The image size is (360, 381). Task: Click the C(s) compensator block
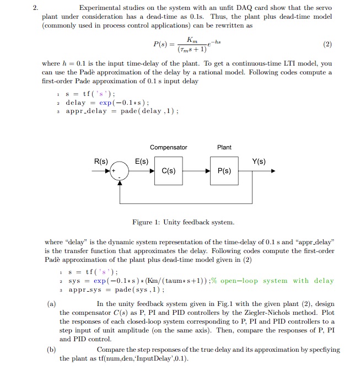click(x=169, y=171)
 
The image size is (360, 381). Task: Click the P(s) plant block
click(x=224, y=171)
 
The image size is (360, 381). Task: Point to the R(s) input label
click(x=100, y=162)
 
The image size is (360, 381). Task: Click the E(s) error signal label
click(x=142, y=162)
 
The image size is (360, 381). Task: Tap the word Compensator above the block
click(x=169, y=147)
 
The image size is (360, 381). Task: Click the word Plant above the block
click(x=224, y=147)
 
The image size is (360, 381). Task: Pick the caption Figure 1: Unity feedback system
click(x=184, y=222)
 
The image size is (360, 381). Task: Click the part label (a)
click(x=51, y=303)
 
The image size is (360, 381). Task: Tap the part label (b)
click(x=51, y=349)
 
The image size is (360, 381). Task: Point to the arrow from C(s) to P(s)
click(x=196, y=171)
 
